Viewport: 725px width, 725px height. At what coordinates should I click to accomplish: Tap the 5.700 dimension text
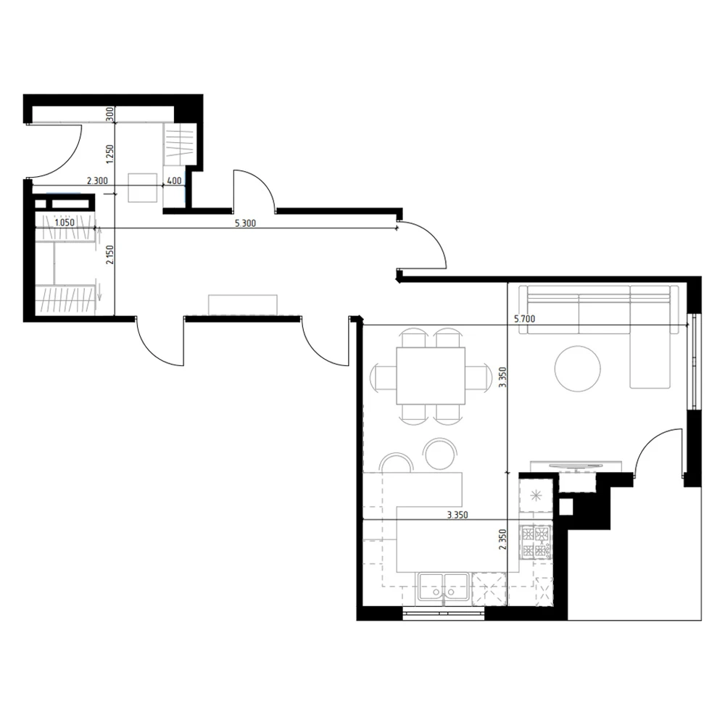point(525,318)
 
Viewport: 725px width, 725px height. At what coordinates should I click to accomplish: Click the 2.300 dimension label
point(97,181)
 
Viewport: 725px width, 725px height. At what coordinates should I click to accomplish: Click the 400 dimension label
point(174,181)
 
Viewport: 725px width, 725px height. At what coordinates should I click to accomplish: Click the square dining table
point(431,376)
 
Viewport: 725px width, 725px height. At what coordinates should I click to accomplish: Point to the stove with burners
point(537,541)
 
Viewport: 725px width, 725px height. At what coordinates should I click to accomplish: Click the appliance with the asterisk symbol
point(536,496)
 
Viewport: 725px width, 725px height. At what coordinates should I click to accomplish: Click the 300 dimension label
point(109,114)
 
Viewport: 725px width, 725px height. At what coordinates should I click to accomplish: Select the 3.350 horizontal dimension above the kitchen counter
point(455,515)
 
